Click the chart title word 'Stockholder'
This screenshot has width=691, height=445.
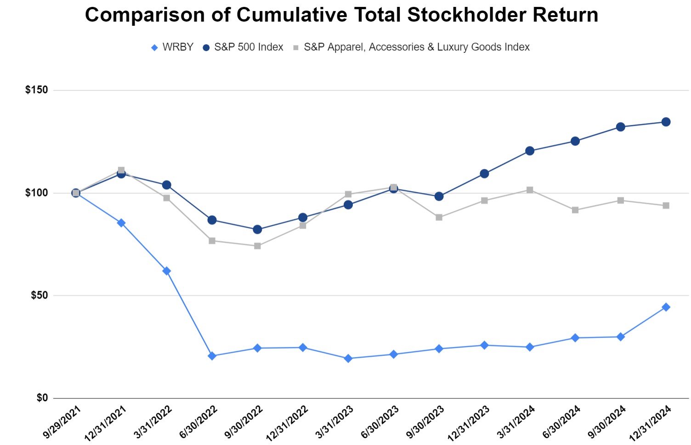coord(467,15)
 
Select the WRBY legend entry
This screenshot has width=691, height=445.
coord(172,47)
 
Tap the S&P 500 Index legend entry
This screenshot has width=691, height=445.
coord(243,47)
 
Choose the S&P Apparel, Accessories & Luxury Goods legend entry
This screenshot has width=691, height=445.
coord(411,47)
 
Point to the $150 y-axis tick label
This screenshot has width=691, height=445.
coord(37,90)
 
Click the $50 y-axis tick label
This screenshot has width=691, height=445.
coord(40,295)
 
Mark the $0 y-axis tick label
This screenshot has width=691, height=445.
coord(42,398)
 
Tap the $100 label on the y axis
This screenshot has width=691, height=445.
coord(37,193)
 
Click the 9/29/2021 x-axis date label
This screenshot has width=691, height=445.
coord(62,422)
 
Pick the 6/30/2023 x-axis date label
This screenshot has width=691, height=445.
coord(380,422)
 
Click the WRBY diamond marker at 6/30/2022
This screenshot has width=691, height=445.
coord(212,356)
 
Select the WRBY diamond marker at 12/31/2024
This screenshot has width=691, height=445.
coord(666,307)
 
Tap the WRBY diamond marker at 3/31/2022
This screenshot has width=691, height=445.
coord(167,271)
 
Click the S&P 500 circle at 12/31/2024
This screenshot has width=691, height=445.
coord(666,122)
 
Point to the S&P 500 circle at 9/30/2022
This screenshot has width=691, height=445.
coord(257,229)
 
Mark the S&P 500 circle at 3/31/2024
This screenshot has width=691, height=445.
coord(530,151)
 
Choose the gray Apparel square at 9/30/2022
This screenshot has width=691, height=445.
coord(257,246)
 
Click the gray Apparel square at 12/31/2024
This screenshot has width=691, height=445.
coord(666,206)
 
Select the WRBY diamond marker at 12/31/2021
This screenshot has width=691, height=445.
coord(121,223)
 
